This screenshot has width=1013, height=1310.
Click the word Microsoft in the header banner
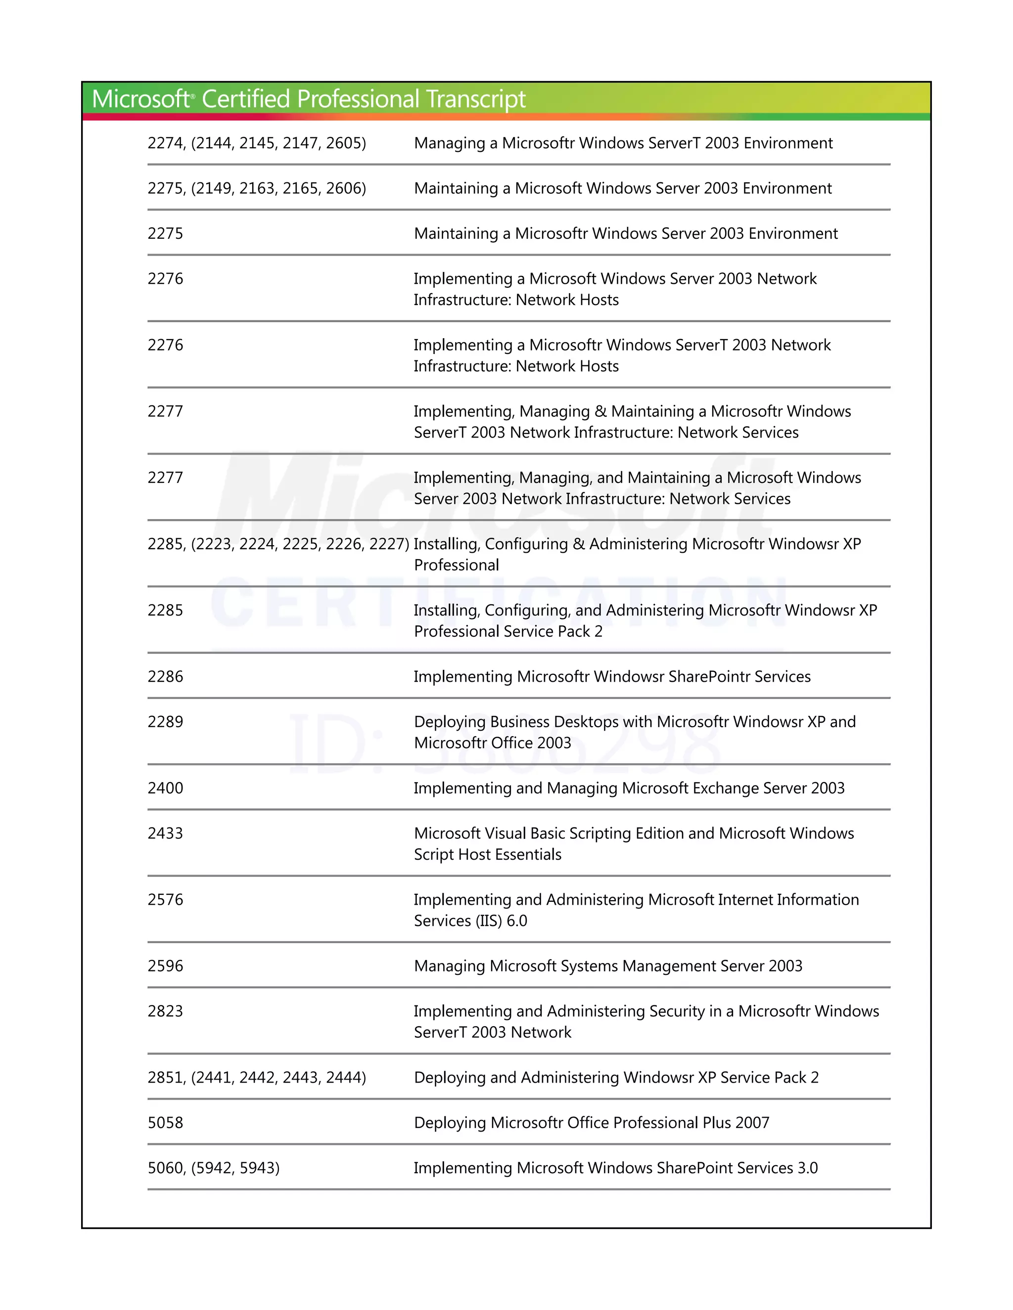click(140, 99)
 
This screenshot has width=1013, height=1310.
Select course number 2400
click(165, 788)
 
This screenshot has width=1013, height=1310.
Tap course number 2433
click(165, 833)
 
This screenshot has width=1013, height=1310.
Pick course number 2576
click(165, 900)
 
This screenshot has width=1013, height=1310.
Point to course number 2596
click(165, 966)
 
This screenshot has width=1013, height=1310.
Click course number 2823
click(165, 1011)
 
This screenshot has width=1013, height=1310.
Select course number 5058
click(165, 1123)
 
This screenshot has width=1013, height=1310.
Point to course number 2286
click(165, 677)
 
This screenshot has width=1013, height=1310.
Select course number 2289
click(165, 722)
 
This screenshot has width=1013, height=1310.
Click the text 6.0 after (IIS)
click(517, 921)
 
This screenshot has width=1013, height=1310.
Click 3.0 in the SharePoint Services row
click(807, 1168)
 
